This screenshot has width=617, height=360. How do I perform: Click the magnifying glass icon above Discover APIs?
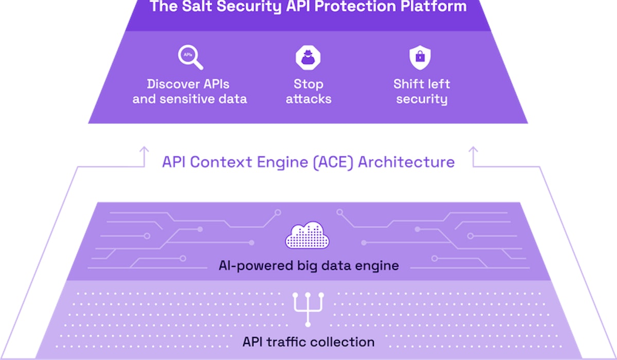point(190,57)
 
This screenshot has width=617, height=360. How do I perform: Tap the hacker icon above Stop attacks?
point(308,57)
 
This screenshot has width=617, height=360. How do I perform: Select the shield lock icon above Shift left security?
point(420,57)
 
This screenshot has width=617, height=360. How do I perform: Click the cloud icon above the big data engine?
point(307,236)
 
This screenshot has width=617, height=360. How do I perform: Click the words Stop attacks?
point(308,91)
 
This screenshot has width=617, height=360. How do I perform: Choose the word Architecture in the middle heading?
point(407,162)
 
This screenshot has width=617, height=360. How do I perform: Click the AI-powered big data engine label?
point(308,266)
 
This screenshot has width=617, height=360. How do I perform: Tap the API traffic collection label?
point(308,341)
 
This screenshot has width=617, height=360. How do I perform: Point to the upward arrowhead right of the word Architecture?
point(473,150)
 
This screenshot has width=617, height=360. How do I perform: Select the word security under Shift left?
point(421,99)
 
